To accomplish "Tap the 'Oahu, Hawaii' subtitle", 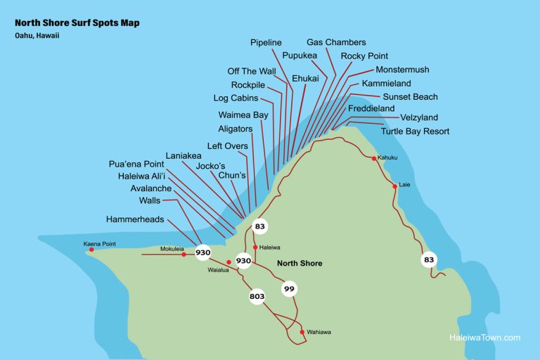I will click(37, 36).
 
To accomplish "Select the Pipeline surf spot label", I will click(266, 43).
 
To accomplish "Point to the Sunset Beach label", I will click(410, 97).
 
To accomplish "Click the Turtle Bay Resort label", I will click(415, 131).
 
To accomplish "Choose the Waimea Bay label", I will click(243, 115).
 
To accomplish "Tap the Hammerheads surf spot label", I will click(135, 219).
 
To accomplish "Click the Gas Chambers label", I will click(336, 43).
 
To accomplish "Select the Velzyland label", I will click(419, 117).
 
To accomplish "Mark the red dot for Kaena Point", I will click(91, 250).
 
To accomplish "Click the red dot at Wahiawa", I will click(302, 332).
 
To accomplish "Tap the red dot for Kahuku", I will click(373, 158).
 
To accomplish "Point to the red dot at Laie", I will click(394, 186).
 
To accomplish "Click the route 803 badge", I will click(257, 297).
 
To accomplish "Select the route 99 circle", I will click(289, 288).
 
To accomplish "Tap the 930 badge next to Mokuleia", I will click(203, 252).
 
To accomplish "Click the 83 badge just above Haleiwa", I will click(259, 226).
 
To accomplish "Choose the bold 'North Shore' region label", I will click(300, 264).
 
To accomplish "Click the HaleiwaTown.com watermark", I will click(484, 337).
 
